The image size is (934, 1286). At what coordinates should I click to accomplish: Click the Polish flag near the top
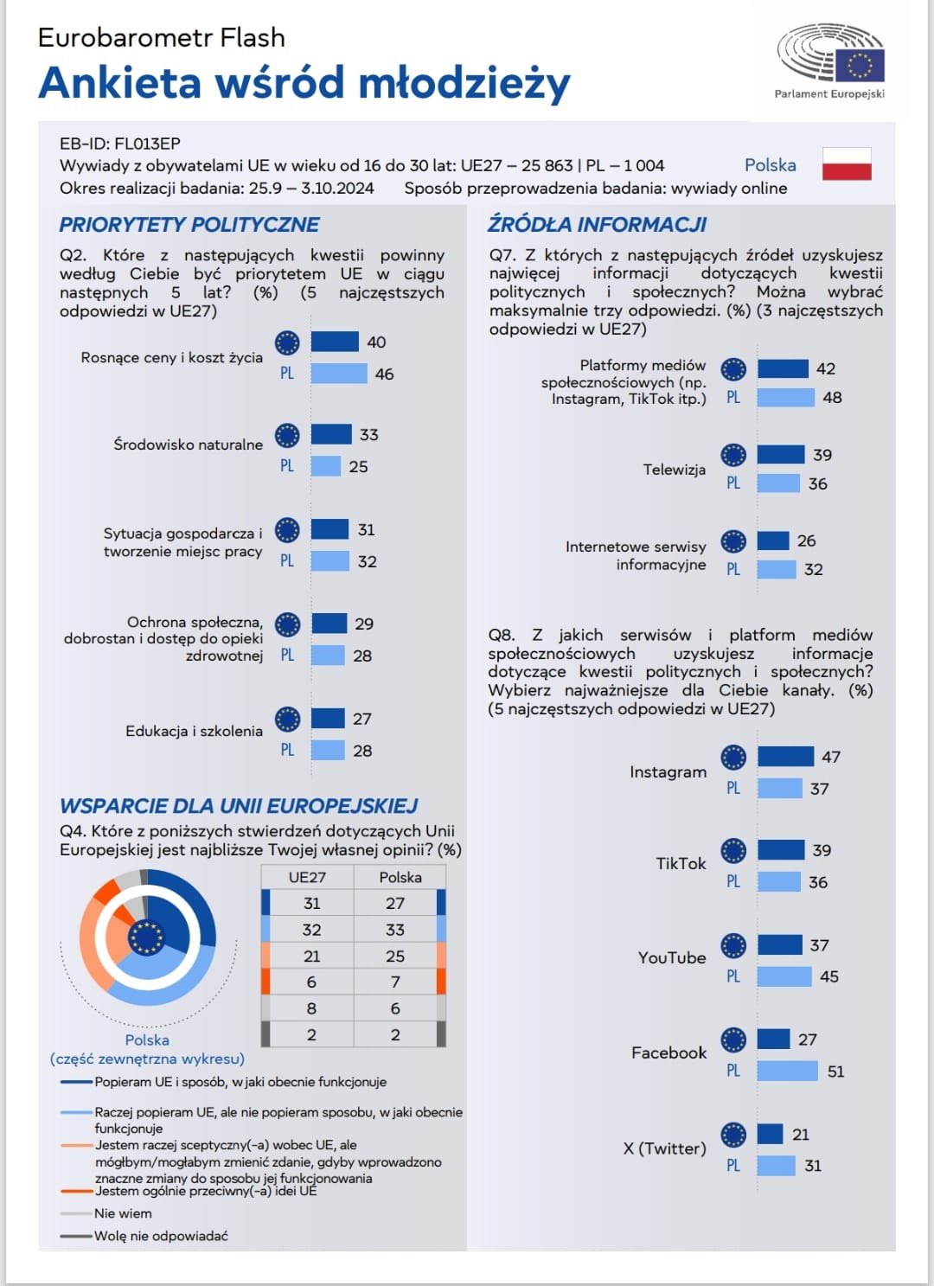pos(846,163)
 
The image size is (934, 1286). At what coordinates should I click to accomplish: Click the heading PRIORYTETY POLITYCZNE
pos(189,225)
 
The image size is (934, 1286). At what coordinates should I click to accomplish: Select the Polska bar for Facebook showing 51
pos(787,1071)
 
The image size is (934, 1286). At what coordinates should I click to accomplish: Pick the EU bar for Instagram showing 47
pos(785,757)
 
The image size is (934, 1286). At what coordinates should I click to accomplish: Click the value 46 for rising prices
pos(384,374)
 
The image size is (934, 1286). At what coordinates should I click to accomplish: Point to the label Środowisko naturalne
pos(188,445)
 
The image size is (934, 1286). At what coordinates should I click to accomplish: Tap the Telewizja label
pos(674,470)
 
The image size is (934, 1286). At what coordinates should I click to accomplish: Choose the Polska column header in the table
pos(400,877)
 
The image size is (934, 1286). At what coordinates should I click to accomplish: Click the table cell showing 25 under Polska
pos(395,956)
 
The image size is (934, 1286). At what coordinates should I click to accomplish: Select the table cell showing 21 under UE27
pos(311,956)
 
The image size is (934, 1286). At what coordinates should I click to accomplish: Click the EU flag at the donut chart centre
pos(145,937)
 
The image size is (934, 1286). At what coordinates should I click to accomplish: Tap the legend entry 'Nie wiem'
pos(123,1213)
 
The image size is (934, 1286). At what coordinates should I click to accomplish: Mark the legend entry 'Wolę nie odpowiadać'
pos(161,1236)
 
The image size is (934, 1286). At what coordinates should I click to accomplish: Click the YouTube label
pos(671,957)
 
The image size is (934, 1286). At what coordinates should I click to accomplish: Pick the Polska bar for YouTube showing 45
pos(784,976)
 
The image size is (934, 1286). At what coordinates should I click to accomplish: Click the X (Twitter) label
pos(664,1148)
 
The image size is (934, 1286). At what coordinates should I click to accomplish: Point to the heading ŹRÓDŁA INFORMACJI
pos(597,225)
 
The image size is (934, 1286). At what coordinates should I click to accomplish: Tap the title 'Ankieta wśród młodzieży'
pos(304,83)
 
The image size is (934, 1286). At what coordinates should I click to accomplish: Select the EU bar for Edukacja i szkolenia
pos(328,719)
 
